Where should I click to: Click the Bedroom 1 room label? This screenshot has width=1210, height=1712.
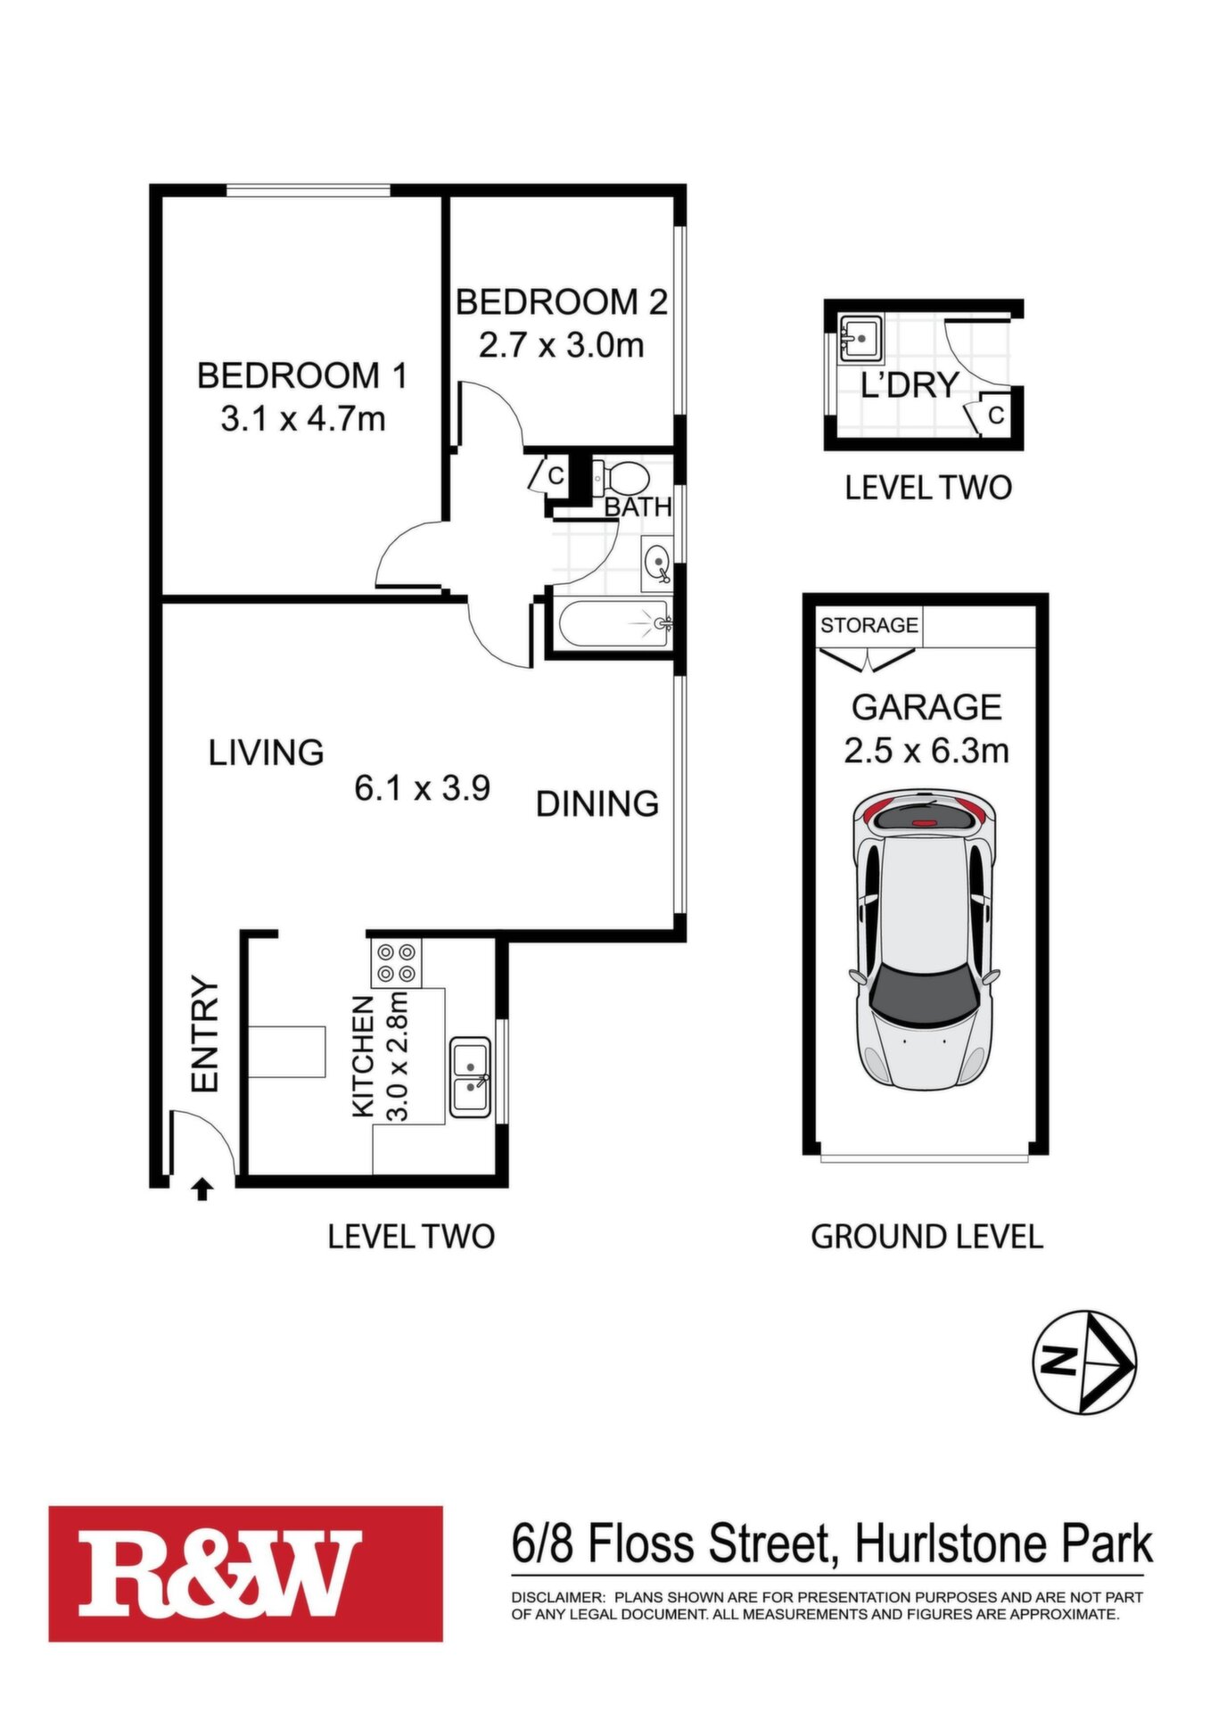tap(301, 375)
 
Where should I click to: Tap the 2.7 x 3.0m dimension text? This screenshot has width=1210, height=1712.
tap(561, 344)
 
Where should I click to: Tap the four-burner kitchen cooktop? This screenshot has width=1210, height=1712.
tap(395, 963)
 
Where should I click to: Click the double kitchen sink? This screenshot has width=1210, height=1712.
tap(470, 1077)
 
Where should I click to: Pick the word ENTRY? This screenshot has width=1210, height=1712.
tap(205, 1034)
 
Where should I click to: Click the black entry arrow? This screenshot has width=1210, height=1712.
tap(202, 1189)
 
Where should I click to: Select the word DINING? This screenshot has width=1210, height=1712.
tap(597, 803)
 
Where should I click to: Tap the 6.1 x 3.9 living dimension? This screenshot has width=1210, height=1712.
tap(422, 788)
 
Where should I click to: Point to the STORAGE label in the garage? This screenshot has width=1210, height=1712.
tap(869, 625)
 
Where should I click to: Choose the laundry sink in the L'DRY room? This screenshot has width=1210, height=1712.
tap(859, 339)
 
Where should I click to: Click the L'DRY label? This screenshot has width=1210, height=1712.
tap(910, 384)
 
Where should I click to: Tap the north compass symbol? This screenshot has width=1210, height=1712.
tap(1083, 1362)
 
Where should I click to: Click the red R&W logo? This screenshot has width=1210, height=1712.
tap(246, 1574)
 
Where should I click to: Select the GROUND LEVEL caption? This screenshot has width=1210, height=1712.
tap(926, 1237)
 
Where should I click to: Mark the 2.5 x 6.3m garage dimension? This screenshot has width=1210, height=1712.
tap(926, 750)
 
